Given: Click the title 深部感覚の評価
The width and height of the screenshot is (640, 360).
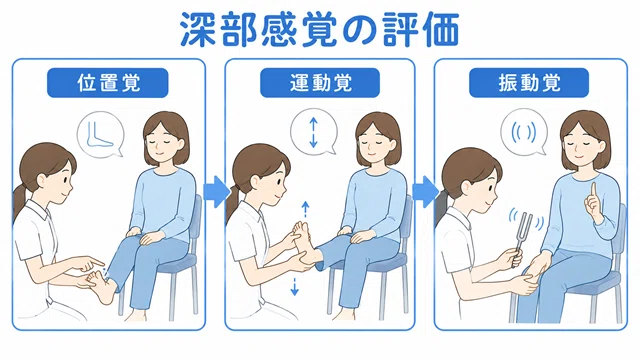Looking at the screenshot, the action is [320, 29].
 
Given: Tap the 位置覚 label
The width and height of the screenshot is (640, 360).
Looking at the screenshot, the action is [108, 83].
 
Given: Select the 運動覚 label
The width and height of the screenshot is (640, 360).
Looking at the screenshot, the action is [320, 83].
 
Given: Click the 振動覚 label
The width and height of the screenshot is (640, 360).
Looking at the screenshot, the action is [529, 83].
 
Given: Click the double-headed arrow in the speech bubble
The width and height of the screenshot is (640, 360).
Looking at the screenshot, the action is [313, 132].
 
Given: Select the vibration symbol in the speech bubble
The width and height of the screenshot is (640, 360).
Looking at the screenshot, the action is [524, 132].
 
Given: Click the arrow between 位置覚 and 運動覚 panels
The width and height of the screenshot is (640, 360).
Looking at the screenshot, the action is [216, 191].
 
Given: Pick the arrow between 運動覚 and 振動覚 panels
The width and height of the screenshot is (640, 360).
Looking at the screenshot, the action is [424, 191].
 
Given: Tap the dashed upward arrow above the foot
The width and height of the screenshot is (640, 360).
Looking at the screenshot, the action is [305, 209].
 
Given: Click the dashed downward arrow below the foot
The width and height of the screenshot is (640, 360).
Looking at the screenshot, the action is [294, 286].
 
